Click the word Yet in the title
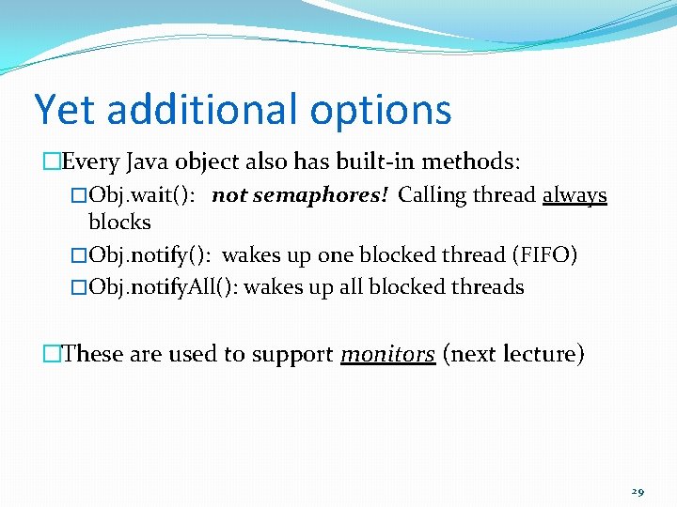tap(65, 109)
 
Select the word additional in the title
tap(199, 109)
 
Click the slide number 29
tap(638, 491)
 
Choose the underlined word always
tap(575, 196)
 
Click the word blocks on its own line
tap(119, 223)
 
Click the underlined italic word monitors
tap(387, 355)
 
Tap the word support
tap(290, 356)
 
